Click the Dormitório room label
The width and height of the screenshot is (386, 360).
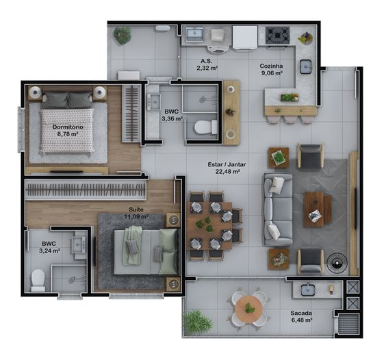tap(68, 127)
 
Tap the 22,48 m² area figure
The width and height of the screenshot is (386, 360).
tap(228, 171)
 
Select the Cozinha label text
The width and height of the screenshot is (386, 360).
tap(271, 66)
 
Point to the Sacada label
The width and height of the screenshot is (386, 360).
tap(301, 313)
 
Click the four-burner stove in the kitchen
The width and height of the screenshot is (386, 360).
tap(277, 35)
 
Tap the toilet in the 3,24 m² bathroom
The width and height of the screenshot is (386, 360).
tap(38, 280)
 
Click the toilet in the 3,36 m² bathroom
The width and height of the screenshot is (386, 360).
tap(205, 127)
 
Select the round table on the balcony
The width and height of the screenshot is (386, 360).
tap(248, 309)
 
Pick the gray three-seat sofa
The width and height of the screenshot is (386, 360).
tap(279, 210)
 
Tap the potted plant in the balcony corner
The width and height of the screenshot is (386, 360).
tap(197, 322)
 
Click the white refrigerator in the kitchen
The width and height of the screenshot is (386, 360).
tap(245, 38)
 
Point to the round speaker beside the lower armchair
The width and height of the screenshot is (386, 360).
tap(337, 263)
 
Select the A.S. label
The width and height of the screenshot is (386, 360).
tap(206, 61)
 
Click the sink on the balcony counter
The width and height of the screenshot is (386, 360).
tap(308, 290)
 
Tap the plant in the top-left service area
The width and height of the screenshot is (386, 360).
tap(123, 35)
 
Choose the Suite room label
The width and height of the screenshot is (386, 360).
tap(136, 209)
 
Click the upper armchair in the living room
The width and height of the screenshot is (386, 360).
tap(311, 156)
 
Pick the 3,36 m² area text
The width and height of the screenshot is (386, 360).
tap(172, 118)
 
